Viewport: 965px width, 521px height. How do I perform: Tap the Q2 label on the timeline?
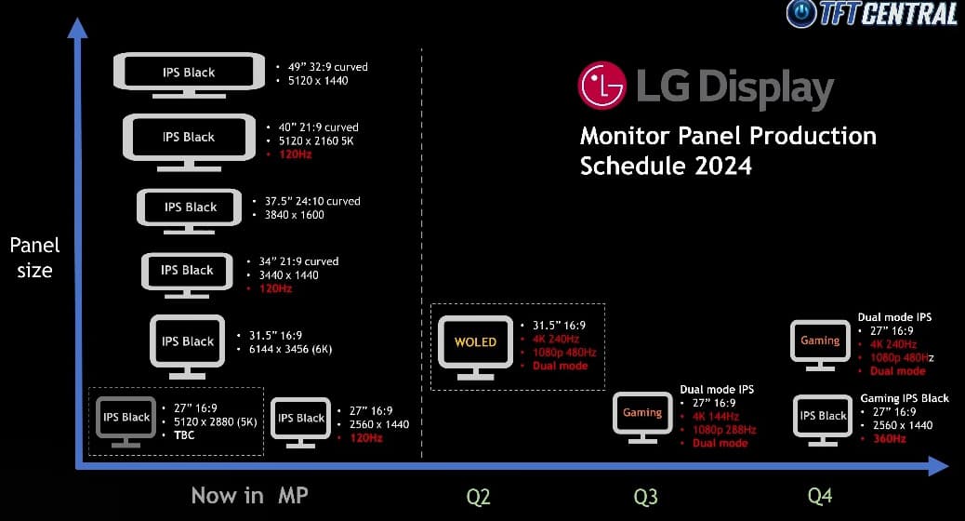(x=478, y=497)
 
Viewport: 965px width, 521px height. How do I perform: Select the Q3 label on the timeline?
(x=645, y=497)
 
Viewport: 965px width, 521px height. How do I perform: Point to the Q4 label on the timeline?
(x=820, y=496)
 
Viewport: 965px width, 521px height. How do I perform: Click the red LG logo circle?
(x=601, y=85)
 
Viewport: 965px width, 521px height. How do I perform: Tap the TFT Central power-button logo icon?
(x=801, y=13)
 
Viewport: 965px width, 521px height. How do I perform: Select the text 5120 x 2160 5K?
(x=316, y=141)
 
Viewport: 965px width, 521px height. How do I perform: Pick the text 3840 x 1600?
(x=294, y=215)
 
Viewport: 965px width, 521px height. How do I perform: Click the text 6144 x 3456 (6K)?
(x=290, y=349)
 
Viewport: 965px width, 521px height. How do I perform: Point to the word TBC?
(x=184, y=435)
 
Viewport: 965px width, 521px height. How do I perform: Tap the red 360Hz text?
(x=890, y=439)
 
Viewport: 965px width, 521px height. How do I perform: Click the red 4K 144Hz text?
(x=716, y=416)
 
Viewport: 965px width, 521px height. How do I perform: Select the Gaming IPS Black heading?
(x=905, y=398)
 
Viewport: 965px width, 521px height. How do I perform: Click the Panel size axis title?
(x=34, y=258)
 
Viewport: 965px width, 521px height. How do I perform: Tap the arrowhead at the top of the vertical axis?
(x=77, y=28)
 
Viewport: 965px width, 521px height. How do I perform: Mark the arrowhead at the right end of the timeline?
(x=938, y=465)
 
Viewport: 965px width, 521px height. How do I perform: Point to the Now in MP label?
(x=249, y=495)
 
